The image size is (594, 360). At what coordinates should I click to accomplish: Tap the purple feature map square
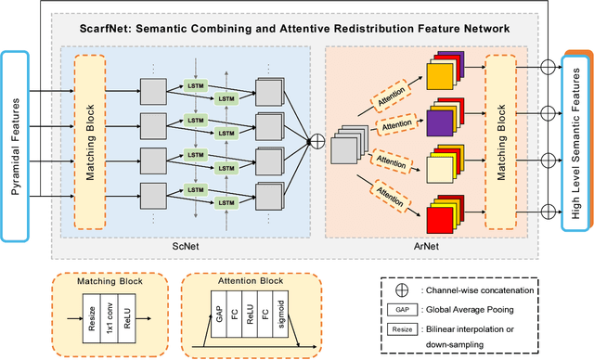(440, 120)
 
